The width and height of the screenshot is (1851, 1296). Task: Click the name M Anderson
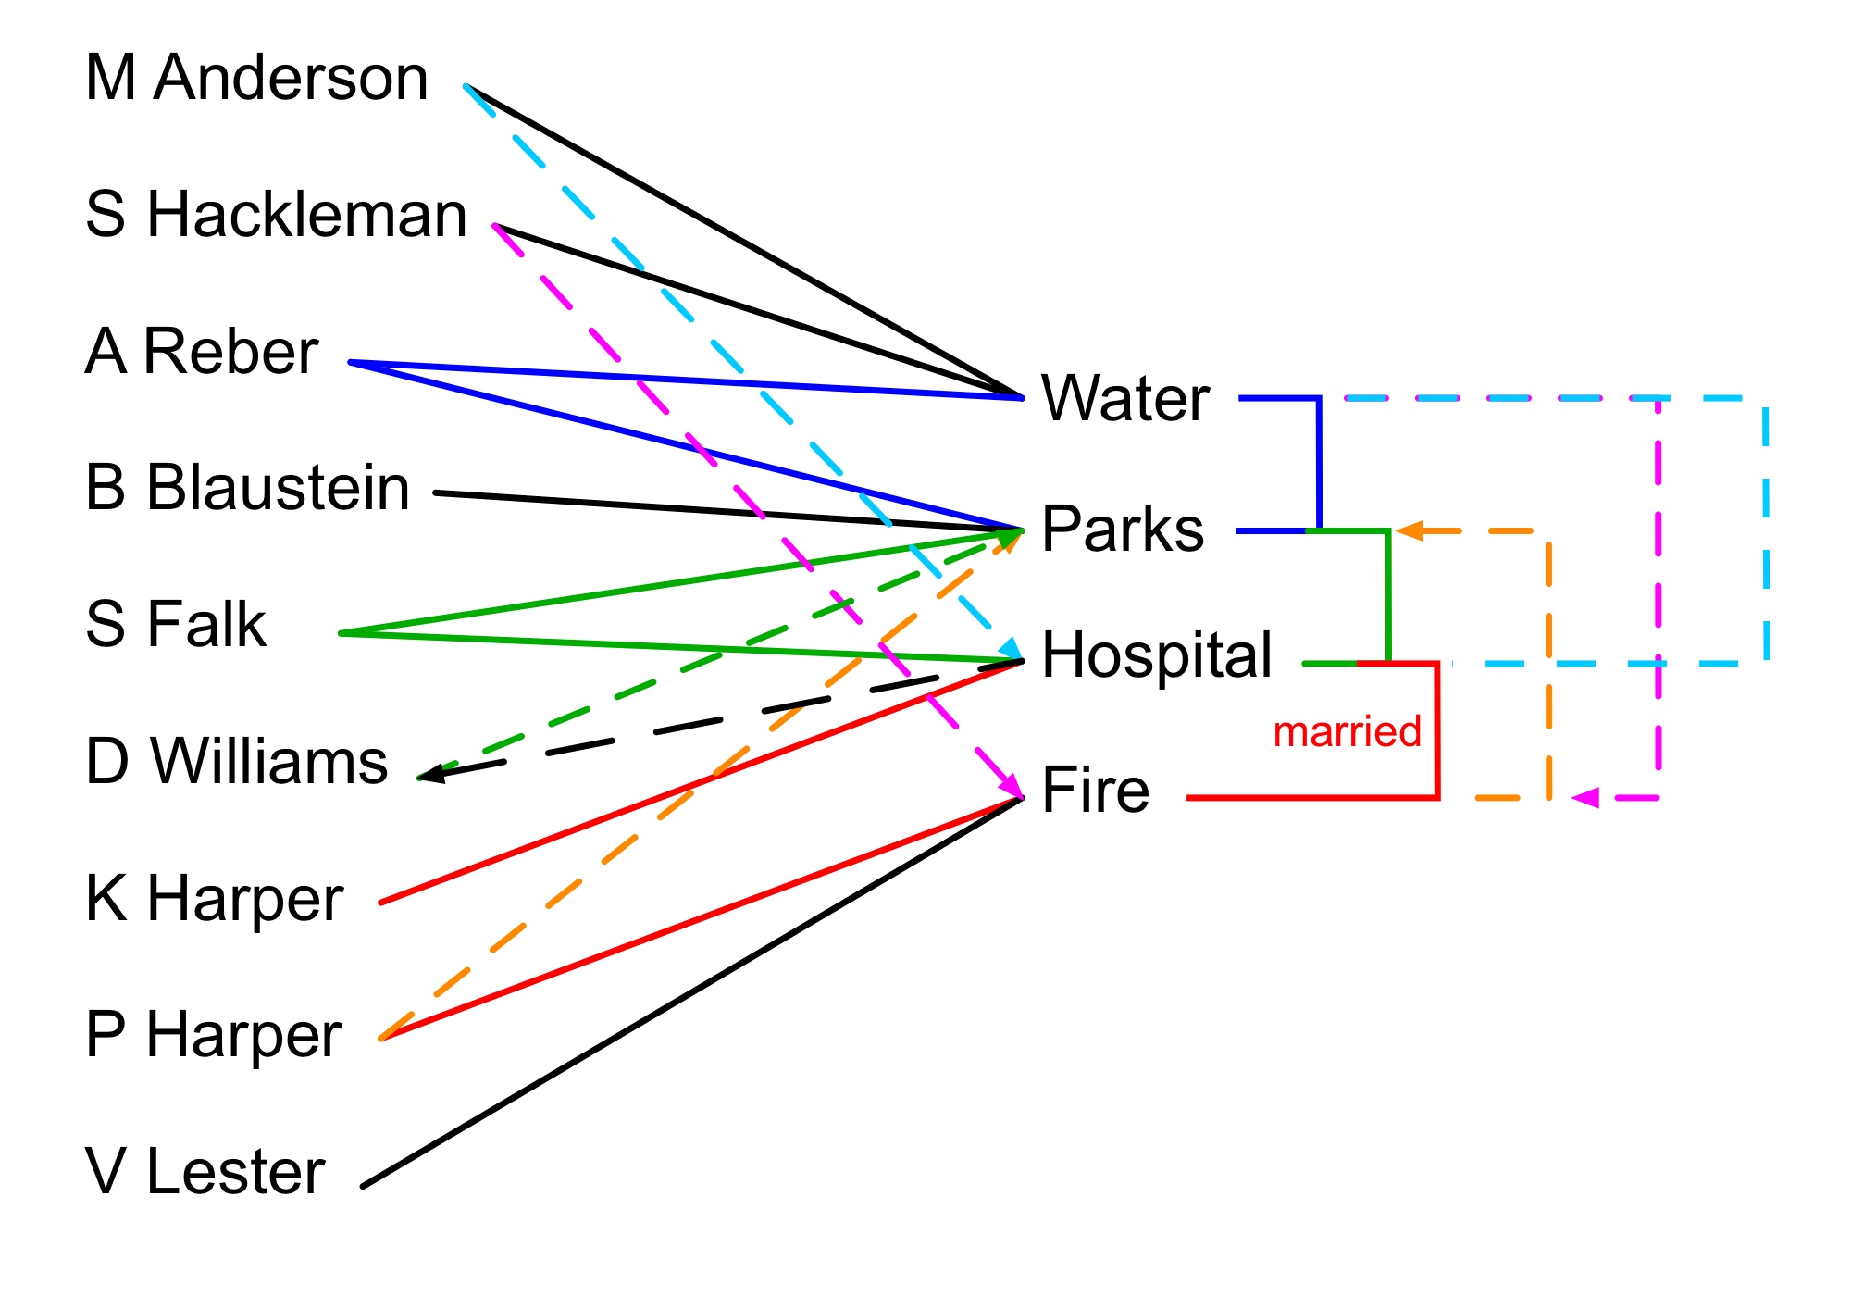click(x=256, y=78)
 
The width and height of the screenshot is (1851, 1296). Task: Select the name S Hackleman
click(x=276, y=215)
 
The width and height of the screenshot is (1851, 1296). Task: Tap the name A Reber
click(x=202, y=352)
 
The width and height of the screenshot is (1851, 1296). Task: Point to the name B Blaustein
click(x=247, y=488)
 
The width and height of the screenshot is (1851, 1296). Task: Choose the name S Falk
click(x=176, y=624)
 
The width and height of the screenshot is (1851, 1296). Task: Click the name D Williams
click(x=237, y=762)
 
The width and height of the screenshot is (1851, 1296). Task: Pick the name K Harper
click(x=214, y=898)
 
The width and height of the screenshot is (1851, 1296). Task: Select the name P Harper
click(x=214, y=1035)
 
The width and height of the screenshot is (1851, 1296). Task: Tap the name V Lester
click(x=205, y=1172)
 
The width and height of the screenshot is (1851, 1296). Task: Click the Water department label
click(x=1125, y=399)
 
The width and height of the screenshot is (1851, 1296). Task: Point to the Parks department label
click(x=1123, y=530)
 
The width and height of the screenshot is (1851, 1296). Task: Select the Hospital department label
click(x=1157, y=655)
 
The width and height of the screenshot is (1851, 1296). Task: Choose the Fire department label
click(x=1096, y=791)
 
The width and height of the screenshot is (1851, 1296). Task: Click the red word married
click(x=1347, y=732)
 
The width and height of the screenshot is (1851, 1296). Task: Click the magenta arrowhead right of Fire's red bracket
click(x=1584, y=797)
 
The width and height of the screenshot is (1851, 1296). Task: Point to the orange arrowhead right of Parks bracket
click(x=1410, y=531)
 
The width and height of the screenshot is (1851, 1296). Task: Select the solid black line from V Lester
click(x=694, y=991)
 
